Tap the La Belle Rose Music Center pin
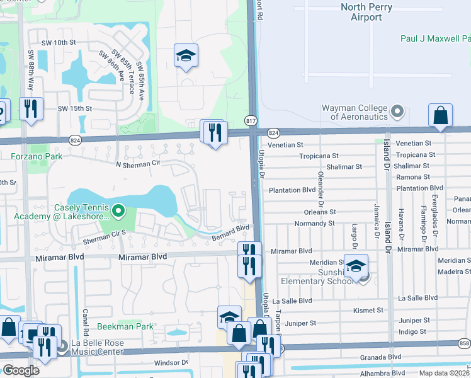62,346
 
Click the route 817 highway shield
251,120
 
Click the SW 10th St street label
60,42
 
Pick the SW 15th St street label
75,108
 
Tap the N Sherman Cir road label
135,164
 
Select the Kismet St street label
368,310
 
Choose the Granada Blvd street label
379,356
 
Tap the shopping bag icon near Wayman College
440,116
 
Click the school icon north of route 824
186,56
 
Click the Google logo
21,370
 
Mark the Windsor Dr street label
171,362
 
